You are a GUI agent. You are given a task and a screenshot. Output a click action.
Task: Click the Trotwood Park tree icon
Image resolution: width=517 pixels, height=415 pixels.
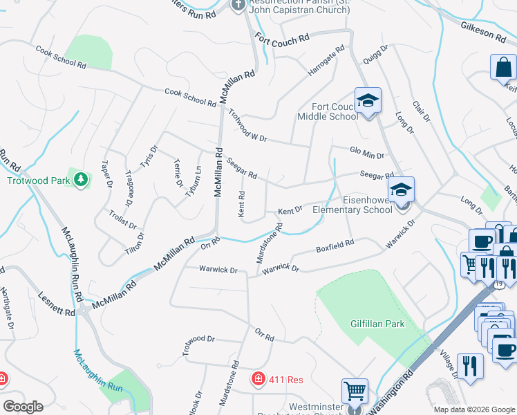82,180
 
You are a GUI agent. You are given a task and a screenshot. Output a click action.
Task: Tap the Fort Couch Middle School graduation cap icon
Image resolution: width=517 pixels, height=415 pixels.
368,101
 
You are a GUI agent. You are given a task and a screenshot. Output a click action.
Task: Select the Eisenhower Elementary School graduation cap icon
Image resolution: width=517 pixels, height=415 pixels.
401,190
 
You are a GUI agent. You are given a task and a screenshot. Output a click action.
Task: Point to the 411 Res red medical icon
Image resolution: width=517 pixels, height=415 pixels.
258,379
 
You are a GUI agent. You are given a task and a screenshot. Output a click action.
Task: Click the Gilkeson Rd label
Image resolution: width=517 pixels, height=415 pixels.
486,33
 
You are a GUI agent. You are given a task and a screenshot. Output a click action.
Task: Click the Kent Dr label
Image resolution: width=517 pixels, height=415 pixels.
290,210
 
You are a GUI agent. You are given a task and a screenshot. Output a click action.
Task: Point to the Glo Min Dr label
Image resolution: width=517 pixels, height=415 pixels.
366,154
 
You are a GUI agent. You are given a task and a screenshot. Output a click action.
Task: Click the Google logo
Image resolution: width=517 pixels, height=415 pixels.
23,407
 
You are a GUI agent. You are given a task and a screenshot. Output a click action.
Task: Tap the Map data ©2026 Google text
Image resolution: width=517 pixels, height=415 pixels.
473,409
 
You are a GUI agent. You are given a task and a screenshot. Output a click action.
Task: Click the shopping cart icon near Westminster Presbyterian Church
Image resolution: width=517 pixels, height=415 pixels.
355,391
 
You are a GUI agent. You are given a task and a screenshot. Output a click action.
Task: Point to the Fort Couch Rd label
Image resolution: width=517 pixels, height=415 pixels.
281,41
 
